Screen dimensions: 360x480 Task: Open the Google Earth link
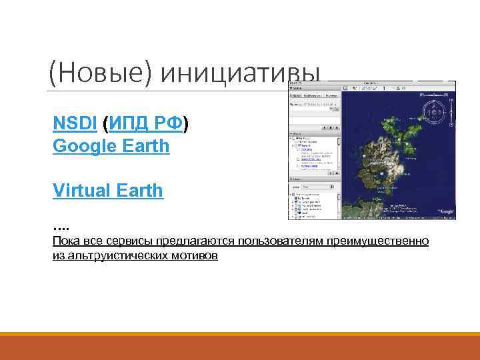[111, 145]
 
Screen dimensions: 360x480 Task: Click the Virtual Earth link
[107, 190]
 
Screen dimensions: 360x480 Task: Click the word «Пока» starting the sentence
[66, 241]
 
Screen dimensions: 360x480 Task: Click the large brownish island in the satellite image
[383, 167]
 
